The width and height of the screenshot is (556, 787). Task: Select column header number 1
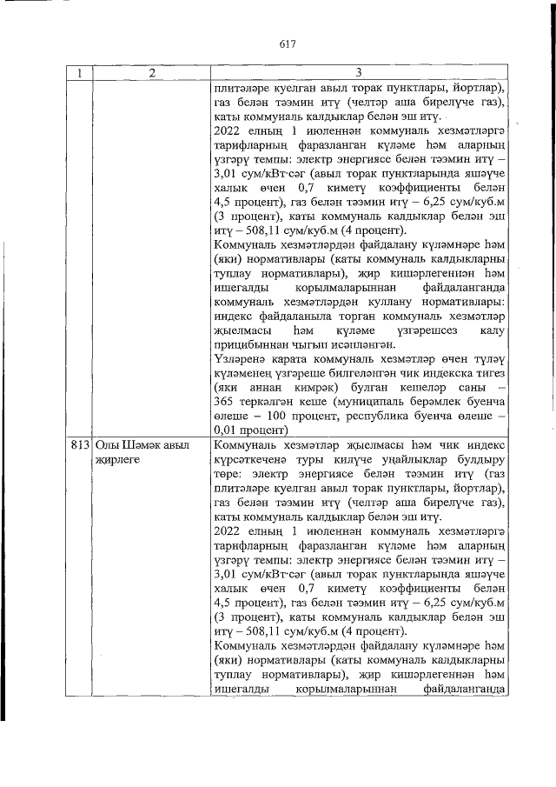[x=79, y=74]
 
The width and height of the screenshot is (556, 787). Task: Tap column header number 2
[x=151, y=74]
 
